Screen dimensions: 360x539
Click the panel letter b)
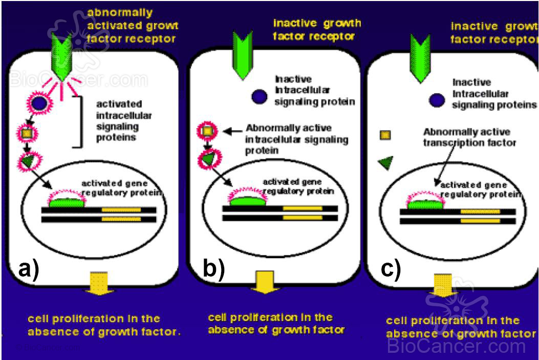pyautogui.click(x=213, y=268)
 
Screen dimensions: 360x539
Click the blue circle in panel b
pyautogui.click(x=260, y=97)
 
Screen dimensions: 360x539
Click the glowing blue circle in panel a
pyautogui.click(x=39, y=104)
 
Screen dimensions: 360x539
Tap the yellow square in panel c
pyautogui.click(x=385, y=135)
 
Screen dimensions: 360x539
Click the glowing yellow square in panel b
pyautogui.click(x=207, y=132)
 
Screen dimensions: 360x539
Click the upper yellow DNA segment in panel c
pyautogui.click(x=480, y=211)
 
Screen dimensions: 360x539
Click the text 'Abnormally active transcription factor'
pyautogui.click(x=469, y=137)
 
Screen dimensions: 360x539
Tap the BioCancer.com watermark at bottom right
pyautogui.click(x=456, y=346)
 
